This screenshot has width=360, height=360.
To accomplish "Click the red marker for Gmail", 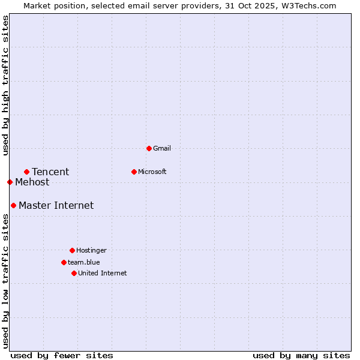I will tap(149, 148).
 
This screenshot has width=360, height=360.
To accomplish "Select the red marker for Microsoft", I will tap(134, 172).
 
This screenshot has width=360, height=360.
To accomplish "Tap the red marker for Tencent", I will tap(26, 172).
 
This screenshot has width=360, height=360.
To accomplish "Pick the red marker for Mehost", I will tap(10, 182).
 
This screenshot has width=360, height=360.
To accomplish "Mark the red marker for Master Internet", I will tap(13, 205).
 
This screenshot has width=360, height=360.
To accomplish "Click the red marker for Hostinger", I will tap(72, 250).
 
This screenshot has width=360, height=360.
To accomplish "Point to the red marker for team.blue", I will tap(64, 262).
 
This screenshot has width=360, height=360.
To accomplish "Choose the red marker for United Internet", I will tap(74, 273).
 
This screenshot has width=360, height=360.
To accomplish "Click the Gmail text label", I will tap(162, 148).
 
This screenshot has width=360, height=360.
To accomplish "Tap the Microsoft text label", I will tap(152, 172).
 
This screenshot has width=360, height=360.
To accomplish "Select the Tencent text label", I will tap(50, 172).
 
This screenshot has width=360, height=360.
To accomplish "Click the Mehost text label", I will tap(32, 182).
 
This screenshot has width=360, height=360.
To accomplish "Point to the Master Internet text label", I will tap(56, 206).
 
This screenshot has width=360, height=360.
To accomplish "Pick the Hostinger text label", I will tap(91, 250).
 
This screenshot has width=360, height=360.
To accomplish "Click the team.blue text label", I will tap(84, 262).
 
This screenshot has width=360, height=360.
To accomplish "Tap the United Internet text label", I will tap(103, 273).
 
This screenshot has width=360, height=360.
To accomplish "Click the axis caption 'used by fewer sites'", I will tap(62, 355).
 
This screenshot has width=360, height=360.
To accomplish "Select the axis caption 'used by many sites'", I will tap(301, 355).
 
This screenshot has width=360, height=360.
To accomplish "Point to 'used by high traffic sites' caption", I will tap(5, 85).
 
